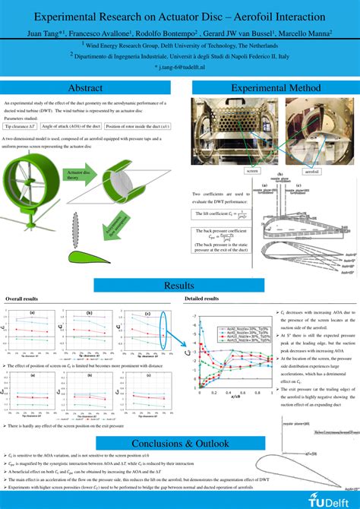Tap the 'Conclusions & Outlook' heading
click(x=179, y=443)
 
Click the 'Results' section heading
click(x=179, y=285)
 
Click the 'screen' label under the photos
click(x=252, y=171)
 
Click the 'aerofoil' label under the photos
click(x=312, y=172)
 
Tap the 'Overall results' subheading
click(x=22, y=299)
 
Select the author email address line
click(x=179, y=68)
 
